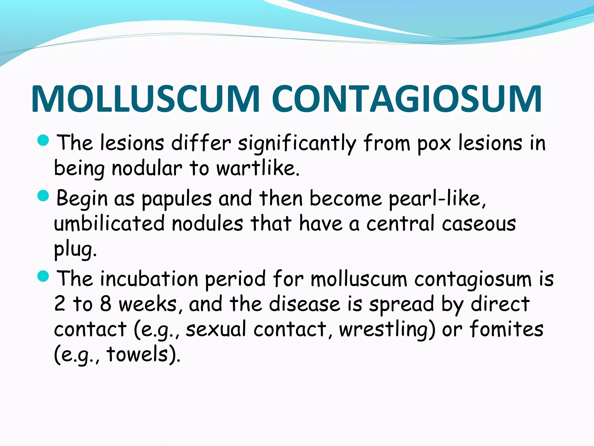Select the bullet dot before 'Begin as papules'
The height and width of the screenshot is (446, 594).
click(x=44, y=196)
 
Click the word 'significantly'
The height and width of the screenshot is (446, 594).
click(x=297, y=144)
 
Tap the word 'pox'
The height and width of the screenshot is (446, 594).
click(x=434, y=144)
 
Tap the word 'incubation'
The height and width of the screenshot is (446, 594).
click(x=149, y=279)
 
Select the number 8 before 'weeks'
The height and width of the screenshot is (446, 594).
click(x=106, y=304)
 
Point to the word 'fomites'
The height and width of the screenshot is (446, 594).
click(x=506, y=329)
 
